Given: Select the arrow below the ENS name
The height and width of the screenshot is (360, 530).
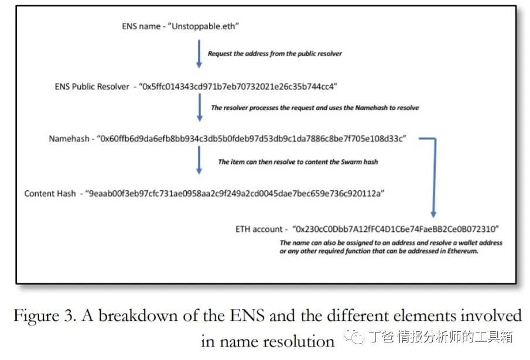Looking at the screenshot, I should click(x=199, y=53).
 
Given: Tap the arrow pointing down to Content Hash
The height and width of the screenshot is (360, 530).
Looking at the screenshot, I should click(x=199, y=160).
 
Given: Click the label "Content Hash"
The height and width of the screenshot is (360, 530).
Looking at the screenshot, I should click(x=50, y=193).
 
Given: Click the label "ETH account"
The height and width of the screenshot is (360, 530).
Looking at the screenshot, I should click(x=259, y=229).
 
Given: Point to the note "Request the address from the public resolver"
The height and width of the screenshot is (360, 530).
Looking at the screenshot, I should click(x=275, y=53).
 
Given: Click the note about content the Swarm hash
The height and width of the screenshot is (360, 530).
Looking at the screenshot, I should click(x=298, y=162).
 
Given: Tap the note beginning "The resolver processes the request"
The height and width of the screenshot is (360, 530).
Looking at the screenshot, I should click(x=314, y=108).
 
